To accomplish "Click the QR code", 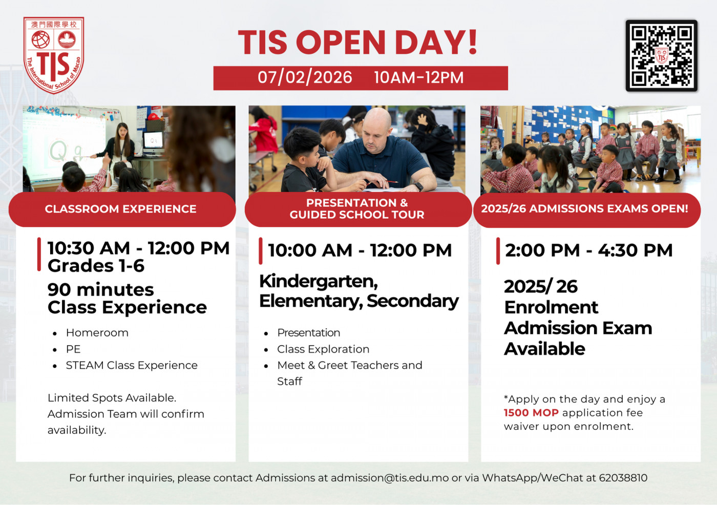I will [x=661, y=56].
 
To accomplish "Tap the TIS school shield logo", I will [x=54, y=55].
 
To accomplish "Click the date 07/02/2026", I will [x=305, y=78].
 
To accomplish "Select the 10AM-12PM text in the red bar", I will [x=418, y=78].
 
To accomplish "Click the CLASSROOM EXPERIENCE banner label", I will [x=121, y=209].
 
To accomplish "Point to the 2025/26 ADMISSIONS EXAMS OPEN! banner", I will [x=584, y=209].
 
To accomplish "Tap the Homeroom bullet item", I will [x=97, y=333].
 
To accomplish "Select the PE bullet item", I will [x=73, y=349].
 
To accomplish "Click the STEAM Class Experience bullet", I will [x=132, y=365].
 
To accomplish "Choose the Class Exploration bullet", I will [x=323, y=349].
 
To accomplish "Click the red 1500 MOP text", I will [x=531, y=413].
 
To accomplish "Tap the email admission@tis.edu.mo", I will [x=390, y=478].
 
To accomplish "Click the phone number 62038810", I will [x=623, y=478].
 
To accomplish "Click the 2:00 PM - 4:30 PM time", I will [x=588, y=250].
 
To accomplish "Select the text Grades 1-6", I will [x=96, y=266].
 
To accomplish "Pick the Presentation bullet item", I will [x=309, y=333].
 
